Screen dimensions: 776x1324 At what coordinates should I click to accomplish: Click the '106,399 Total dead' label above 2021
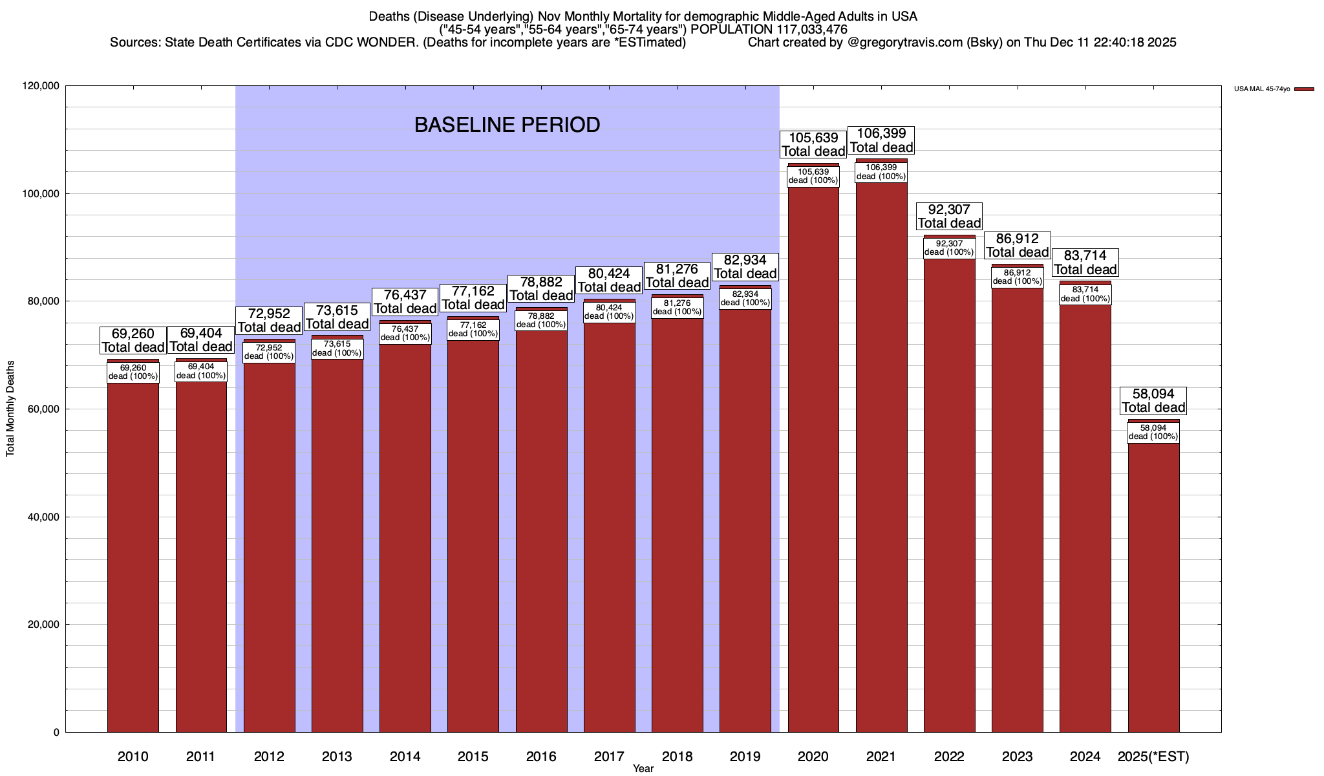881,140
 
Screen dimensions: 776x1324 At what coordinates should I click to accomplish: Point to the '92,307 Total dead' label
949,217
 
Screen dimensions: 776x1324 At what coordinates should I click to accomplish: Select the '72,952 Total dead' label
269,321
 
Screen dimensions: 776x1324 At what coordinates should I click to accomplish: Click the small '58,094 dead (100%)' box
1153,432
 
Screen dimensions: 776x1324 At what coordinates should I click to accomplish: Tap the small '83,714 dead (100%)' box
1085,294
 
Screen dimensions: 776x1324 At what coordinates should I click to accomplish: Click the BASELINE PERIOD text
507,125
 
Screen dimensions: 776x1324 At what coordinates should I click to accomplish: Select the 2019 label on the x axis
745,757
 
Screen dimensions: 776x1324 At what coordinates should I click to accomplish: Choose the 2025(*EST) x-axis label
1153,757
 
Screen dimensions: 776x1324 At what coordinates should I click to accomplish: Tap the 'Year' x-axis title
643,769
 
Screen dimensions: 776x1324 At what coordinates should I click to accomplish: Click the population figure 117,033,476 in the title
806,29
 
